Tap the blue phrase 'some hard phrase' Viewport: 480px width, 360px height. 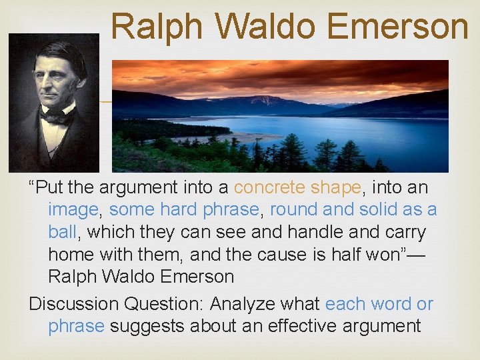click(185, 210)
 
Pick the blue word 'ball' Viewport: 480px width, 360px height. click(62, 232)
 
